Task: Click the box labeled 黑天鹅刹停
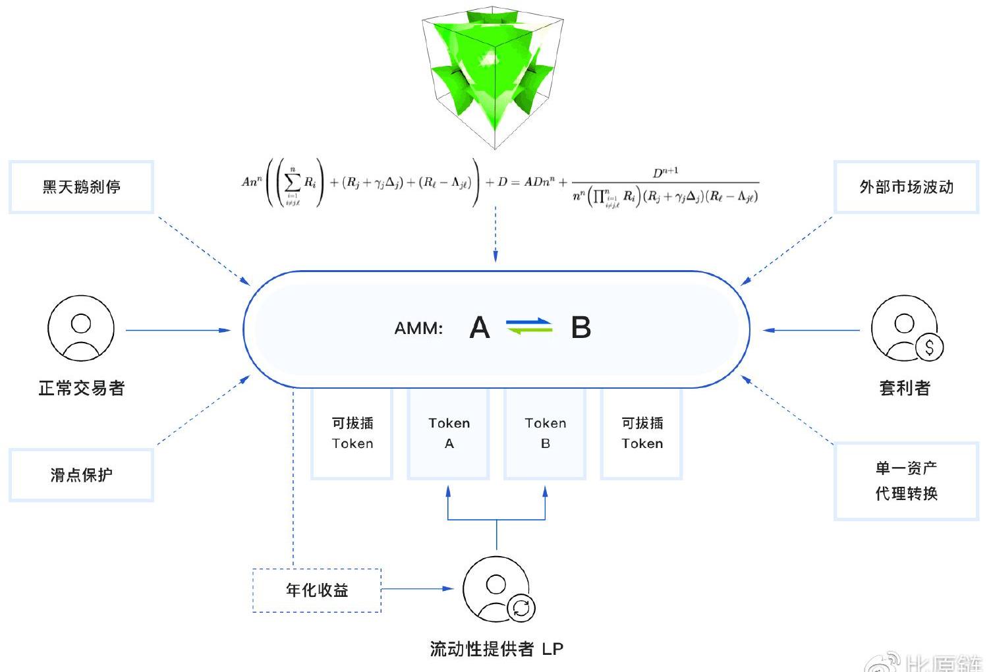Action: point(81,187)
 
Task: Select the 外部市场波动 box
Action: point(906,187)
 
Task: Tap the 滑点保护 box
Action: point(81,475)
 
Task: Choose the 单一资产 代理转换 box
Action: point(906,481)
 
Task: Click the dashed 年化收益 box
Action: point(317,590)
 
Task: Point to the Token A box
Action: point(449,433)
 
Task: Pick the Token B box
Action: point(545,433)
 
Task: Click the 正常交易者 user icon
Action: point(81,328)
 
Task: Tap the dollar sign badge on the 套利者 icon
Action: point(929,347)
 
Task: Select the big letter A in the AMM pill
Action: point(480,327)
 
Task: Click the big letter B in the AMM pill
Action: point(580,327)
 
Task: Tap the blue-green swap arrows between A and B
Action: point(529,326)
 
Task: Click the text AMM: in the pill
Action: point(418,328)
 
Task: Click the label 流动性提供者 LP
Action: point(496,649)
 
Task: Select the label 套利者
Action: point(905,388)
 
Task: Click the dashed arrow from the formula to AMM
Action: point(495,234)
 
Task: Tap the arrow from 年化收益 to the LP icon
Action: point(418,588)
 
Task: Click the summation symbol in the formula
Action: point(293,182)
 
